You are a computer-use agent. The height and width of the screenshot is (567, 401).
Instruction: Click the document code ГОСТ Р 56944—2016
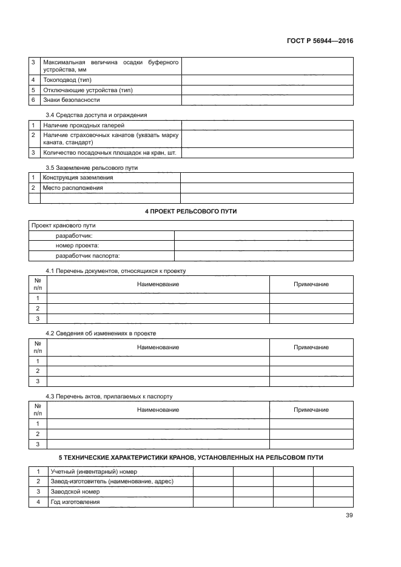(x=320, y=41)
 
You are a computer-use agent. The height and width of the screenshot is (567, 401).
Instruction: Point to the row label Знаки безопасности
(x=72, y=99)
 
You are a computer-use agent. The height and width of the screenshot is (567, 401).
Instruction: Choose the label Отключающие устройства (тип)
(x=87, y=90)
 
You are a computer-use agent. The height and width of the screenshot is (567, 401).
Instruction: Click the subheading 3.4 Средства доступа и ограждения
(x=96, y=115)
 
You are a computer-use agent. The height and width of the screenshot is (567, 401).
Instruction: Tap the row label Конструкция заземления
(x=78, y=178)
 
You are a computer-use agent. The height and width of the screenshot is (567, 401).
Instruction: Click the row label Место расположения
(x=73, y=188)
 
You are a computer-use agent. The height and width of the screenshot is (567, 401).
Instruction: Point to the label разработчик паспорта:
(x=88, y=255)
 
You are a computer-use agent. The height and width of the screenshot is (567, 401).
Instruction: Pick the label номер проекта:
(x=77, y=245)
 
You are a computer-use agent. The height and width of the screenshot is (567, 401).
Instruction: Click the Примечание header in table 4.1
(x=311, y=284)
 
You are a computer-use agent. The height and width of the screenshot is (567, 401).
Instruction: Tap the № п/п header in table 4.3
(x=38, y=410)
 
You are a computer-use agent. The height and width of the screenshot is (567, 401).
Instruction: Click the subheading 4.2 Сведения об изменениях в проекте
(x=105, y=333)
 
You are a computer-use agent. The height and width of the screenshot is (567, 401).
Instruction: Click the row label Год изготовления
(x=75, y=502)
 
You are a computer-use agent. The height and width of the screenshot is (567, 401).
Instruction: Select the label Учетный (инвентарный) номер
(x=94, y=471)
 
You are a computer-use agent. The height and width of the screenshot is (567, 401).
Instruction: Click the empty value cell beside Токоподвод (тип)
(x=267, y=80)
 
